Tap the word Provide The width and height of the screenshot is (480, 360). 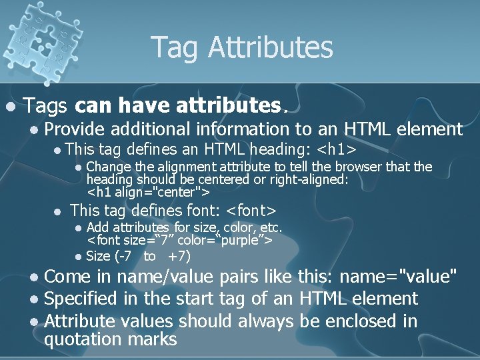pyautogui.click(x=75, y=129)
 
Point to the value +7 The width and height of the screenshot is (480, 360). pyautogui.click(x=179, y=256)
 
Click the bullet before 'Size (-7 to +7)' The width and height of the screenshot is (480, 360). pyautogui.click(x=78, y=257)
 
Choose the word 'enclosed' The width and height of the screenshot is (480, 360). pyautogui.click(x=363, y=321)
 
